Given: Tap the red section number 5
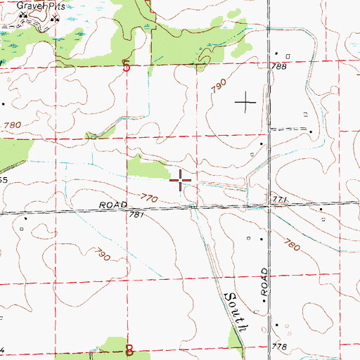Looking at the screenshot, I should [x=127, y=67].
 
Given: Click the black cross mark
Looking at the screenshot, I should [x=245, y=103].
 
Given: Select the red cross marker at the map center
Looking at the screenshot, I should [x=181, y=181].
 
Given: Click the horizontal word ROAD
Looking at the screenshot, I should [x=112, y=205].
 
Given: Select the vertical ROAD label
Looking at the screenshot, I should [x=264, y=282].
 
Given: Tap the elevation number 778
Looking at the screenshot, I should [x=281, y=348].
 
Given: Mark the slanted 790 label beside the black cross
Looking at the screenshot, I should [x=218, y=88].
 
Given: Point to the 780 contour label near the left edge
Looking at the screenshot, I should [x=12, y=125].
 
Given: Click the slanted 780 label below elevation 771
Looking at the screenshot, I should [x=292, y=245].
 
